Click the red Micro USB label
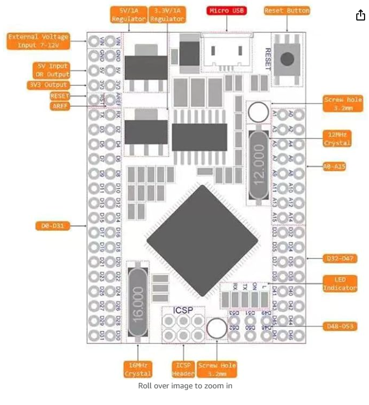(226, 11)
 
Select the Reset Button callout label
(286, 11)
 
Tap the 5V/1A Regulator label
(129, 14)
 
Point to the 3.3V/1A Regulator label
(167, 14)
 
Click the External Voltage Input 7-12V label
(38, 41)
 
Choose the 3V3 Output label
(48, 85)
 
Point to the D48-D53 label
(339, 326)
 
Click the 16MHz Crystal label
(138, 369)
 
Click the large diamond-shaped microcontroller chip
(202, 240)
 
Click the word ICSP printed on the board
(183, 310)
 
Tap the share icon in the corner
(361, 15)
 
